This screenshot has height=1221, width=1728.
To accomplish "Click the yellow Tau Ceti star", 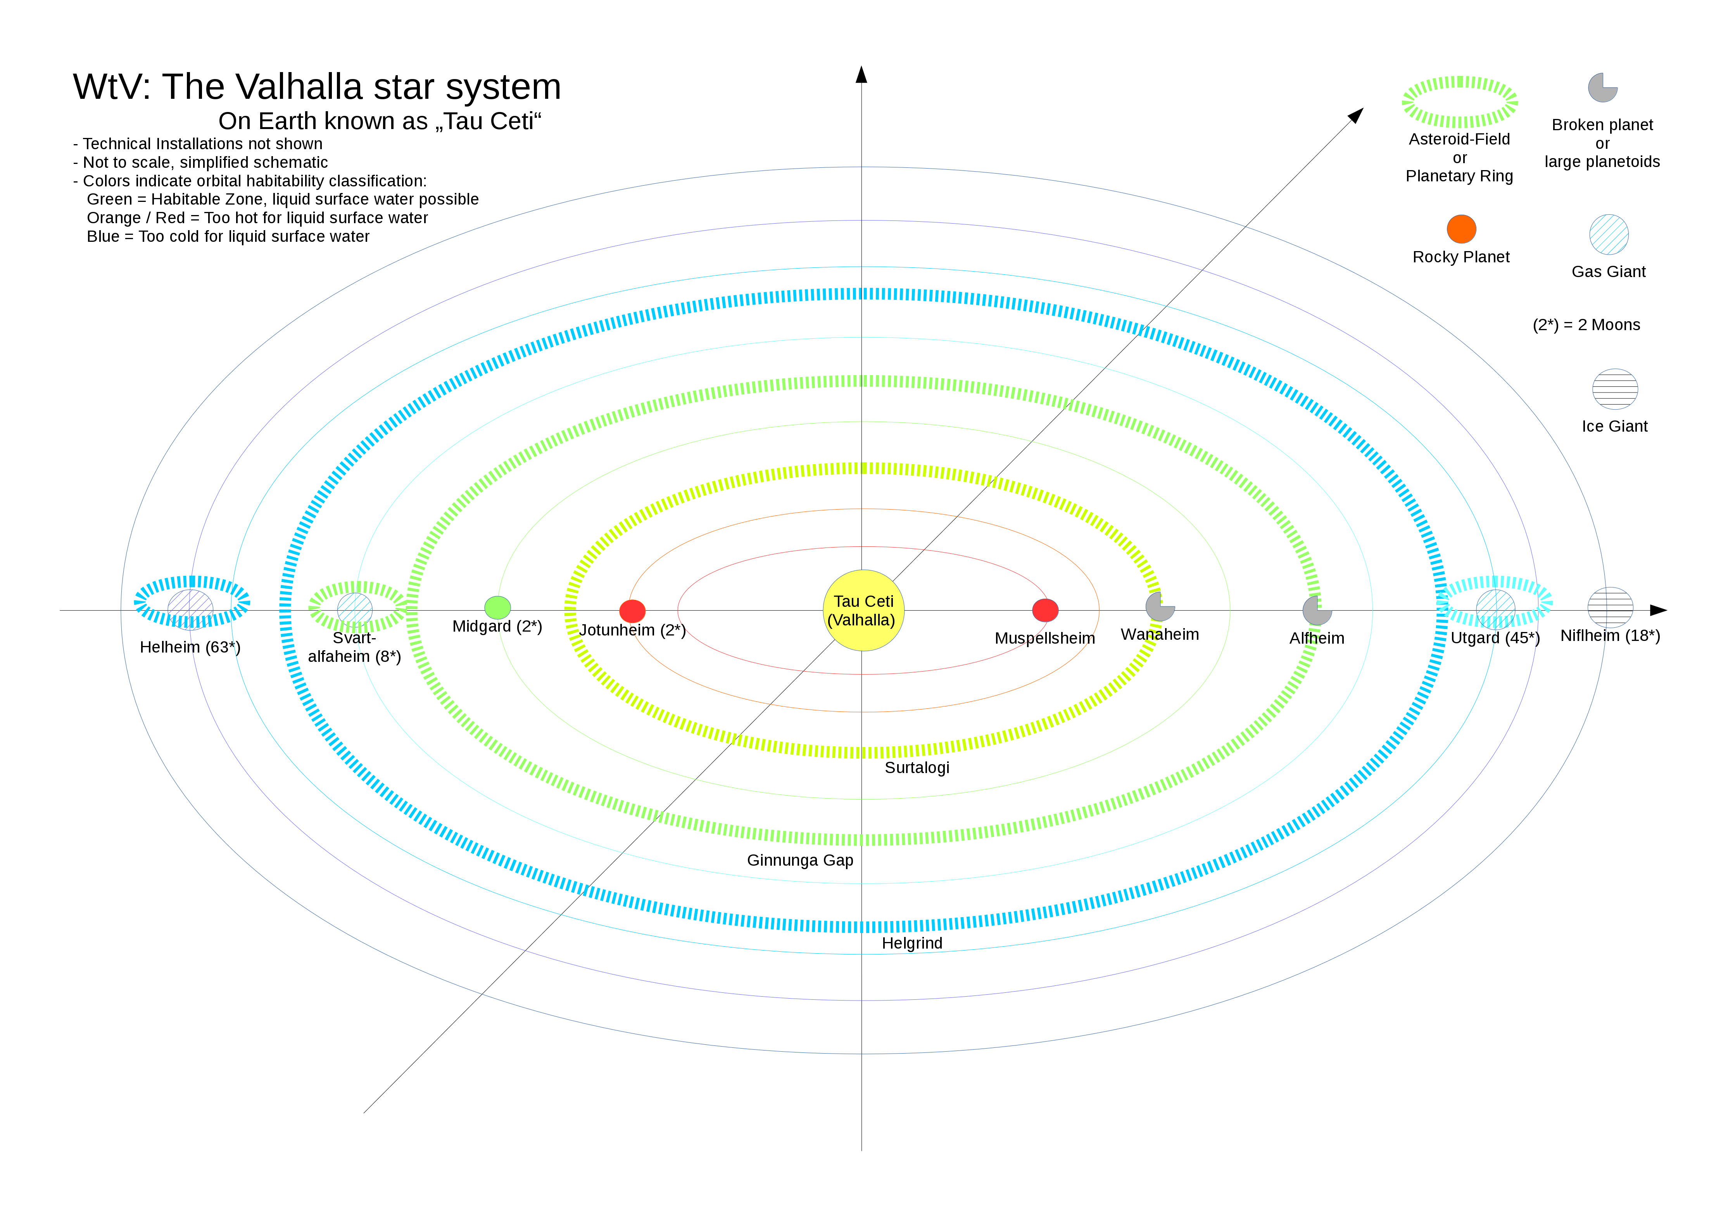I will (863, 610).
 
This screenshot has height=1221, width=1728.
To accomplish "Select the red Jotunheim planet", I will (632, 611).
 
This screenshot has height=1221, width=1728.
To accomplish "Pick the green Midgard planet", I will (497, 607).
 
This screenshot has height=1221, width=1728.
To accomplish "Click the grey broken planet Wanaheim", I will (1159, 606).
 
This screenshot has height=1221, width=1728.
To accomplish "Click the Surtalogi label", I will (917, 767).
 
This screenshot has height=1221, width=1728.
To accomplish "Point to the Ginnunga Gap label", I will (799, 860).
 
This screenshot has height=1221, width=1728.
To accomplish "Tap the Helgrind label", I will (911, 944).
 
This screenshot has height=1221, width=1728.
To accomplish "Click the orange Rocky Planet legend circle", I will (1461, 229).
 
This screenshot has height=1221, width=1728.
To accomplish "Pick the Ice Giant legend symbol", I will (1614, 389).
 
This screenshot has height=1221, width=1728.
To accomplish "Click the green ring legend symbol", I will (1459, 102).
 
